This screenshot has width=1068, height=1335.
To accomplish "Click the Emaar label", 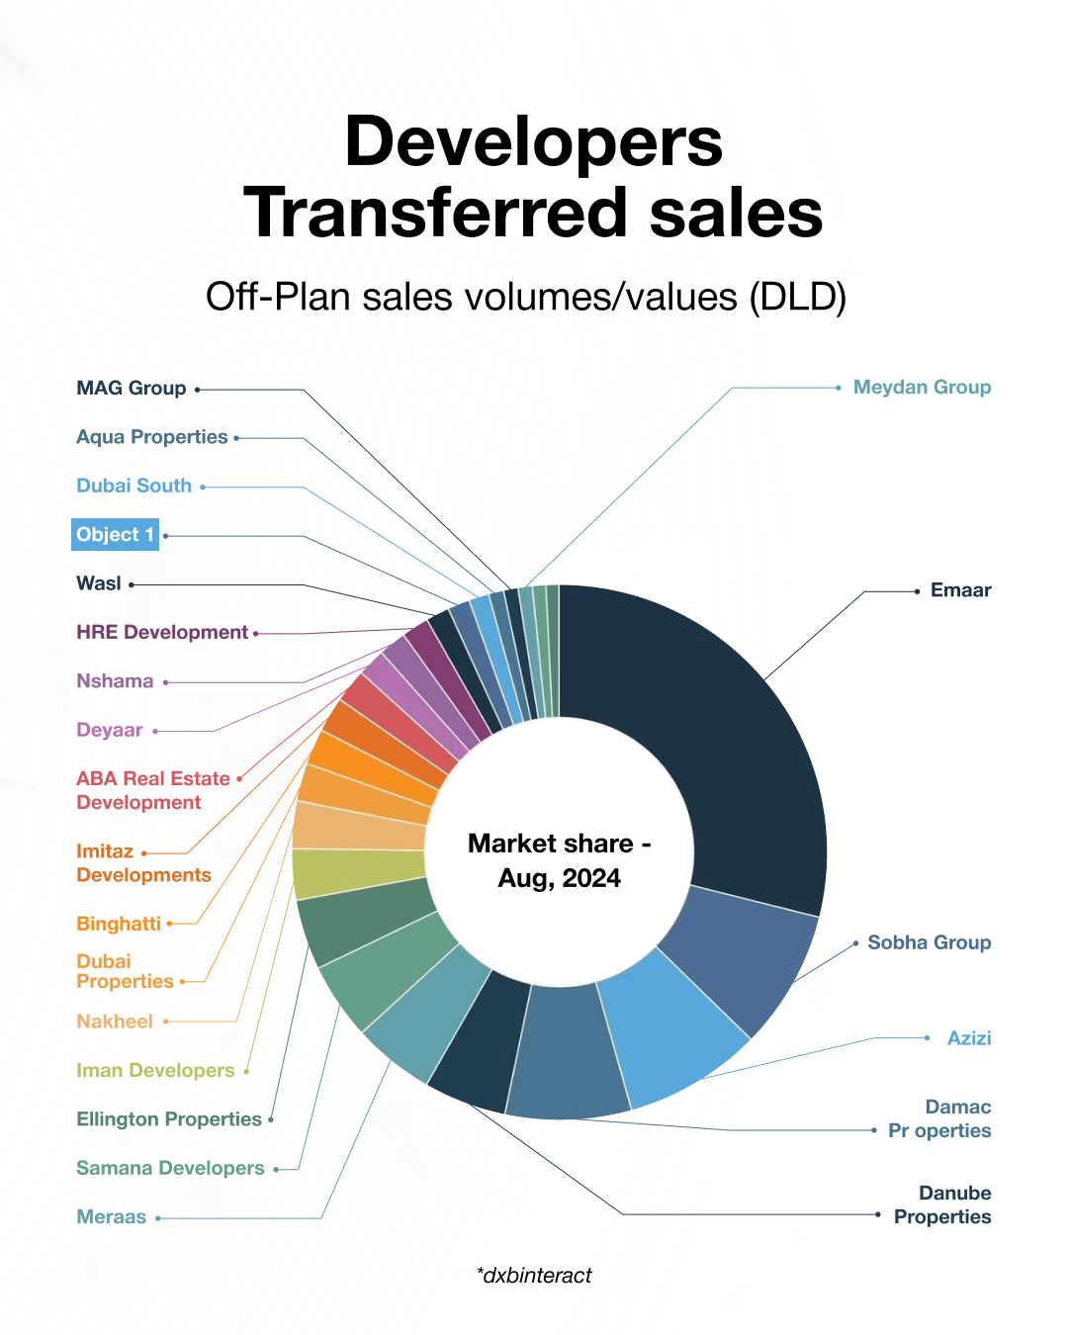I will pyautogui.click(x=960, y=590).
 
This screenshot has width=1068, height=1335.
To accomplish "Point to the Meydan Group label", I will pyautogui.click(x=922, y=388).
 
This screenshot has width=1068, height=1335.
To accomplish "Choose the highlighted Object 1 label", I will pyautogui.click(x=115, y=535).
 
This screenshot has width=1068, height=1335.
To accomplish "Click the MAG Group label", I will pyautogui.click(x=132, y=389).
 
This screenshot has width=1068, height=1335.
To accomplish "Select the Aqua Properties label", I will pyautogui.click(x=152, y=437).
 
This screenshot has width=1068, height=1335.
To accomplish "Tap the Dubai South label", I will pyautogui.click(x=134, y=486).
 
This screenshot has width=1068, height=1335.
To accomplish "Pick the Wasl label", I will pyautogui.click(x=99, y=583).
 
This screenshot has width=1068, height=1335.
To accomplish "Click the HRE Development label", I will pyautogui.click(x=162, y=632).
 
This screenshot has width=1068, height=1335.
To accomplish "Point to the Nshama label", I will pyautogui.click(x=115, y=681).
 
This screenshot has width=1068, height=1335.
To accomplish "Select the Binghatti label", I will pyautogui.click(x=119, y=924).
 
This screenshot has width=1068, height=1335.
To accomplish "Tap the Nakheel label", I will pyautogui.click(x=115, y=1022).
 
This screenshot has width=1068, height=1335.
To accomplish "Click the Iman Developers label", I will pyautogui.click(x=155, y=1070).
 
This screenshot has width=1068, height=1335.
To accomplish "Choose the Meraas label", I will pyautogui.click(x=112, y=1217).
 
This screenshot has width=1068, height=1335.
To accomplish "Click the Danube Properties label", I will pyautogui.click(x=942, y=1205).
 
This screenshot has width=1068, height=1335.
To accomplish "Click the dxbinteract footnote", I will pyautogui.click(x=534, y=1276).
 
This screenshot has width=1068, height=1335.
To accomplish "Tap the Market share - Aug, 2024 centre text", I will pyautogui.click(x=559, y=860).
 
